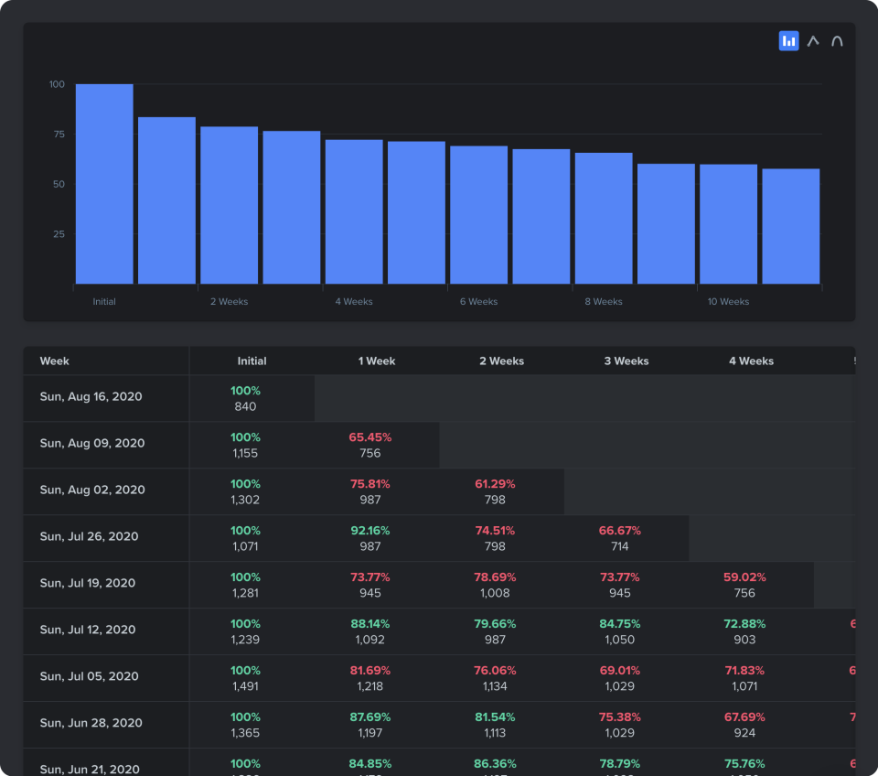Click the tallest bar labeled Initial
104,183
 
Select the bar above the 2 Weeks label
229,205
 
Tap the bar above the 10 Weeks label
728,223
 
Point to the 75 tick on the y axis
59,135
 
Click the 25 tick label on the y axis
59,234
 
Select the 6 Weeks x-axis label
478,302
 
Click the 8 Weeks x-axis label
604,302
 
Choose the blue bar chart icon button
788,41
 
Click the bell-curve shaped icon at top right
837,41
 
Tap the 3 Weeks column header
626,361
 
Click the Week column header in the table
55,361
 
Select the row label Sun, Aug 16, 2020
91,397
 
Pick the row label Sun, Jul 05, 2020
89,676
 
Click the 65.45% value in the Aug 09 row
370,437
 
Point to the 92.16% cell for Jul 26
370,531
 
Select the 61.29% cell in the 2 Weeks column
495,484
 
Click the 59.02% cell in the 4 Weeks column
744,577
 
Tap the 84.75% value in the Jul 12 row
619,624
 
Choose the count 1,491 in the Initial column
245,685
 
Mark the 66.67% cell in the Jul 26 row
619,531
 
